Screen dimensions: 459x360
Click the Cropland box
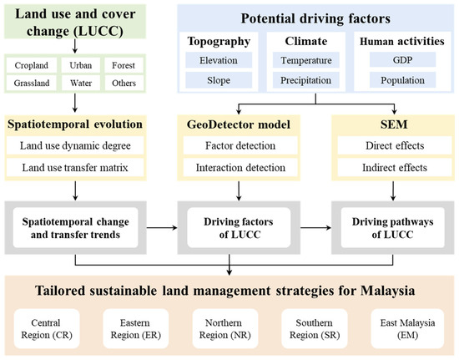coord(32,65)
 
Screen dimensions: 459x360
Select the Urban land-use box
coord(81,65)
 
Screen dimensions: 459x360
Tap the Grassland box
coord(32,84)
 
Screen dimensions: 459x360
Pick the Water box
coord(81,84)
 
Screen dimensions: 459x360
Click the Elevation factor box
coord(219,60)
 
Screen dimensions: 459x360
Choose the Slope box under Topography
coord(219,80)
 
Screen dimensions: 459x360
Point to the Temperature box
coord(306,60)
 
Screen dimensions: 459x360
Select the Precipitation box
coord(306,80)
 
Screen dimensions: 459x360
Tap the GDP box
coord(402,60)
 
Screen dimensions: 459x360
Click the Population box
coord(402,80)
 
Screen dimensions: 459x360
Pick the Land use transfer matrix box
coord(75,168)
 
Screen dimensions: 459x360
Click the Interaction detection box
coord(240,168)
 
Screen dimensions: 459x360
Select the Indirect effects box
coord(395,168)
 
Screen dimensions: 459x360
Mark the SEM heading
coord(394,124)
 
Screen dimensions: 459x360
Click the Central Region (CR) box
coord(47,328)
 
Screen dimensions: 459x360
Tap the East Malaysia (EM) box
coord(407,328)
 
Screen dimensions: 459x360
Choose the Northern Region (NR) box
coord(225,328)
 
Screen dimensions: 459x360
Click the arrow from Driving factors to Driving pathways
coord(315,227)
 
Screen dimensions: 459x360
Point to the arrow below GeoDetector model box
coord(239,190)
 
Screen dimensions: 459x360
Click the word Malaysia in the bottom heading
coord(387,291)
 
